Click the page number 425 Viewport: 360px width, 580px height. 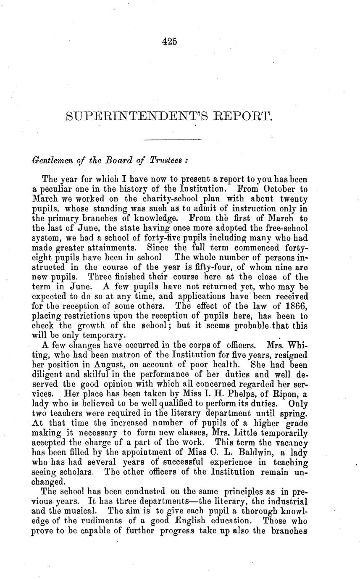click(x=169, y=41)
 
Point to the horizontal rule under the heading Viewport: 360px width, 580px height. click(x=173, y=140)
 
